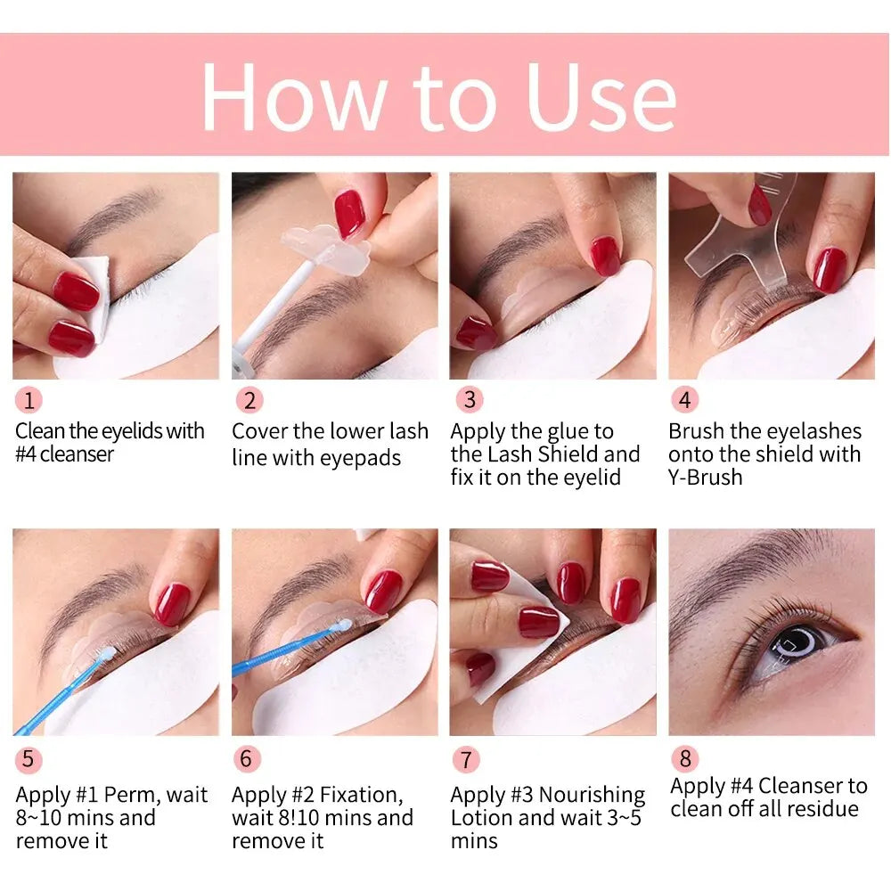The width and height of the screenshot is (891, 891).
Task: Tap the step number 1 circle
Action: tap(29, 400)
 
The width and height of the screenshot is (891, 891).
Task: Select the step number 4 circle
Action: tap(683, 400)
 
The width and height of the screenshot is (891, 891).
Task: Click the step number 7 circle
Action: tap(465, 759)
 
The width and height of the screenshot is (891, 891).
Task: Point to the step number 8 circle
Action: tap(684, 758)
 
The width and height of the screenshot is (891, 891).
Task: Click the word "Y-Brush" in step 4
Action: tap(705, 478)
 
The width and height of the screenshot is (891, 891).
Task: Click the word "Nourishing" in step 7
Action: tap(592, 795)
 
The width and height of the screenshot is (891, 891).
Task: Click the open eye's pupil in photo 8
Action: tap(795, 644)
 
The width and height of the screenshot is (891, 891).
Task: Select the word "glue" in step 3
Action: tap(569, 431)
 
